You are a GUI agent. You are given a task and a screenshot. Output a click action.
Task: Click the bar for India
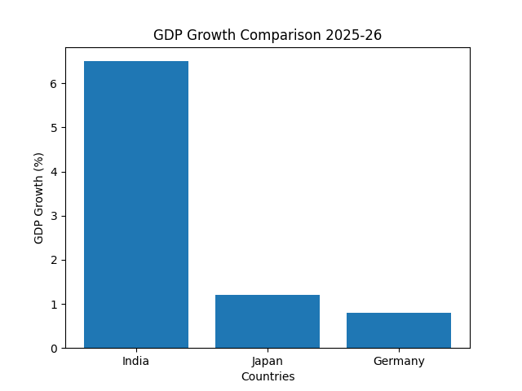coord(136,204)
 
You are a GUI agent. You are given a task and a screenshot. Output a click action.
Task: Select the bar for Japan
coord(268,322)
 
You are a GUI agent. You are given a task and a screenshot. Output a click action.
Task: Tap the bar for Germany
coord(399,331)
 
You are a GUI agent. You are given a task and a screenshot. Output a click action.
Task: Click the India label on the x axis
coord(135,361)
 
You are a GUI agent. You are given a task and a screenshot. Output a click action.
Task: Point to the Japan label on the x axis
coord(268,362)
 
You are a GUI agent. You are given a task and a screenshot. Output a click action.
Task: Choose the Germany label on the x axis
coord(399,362)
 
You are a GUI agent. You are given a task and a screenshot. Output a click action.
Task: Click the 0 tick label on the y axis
coord(54,349)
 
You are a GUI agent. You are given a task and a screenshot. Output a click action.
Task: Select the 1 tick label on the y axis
coord(54,305)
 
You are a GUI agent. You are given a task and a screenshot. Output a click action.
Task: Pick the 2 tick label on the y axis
coord(54,261)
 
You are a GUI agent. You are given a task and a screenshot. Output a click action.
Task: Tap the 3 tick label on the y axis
coord(54,216)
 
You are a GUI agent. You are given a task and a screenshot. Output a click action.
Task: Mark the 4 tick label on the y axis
coord(54,172)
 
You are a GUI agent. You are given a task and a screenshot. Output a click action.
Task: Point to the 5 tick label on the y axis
coord(54,128)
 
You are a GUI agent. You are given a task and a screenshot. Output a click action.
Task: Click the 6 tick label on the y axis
coord(54,84)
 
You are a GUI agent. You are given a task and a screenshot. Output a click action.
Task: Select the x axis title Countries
coord(268,376)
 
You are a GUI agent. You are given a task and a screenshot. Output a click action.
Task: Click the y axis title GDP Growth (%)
coord(38,198)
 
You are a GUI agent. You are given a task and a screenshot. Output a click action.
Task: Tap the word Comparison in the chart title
coord(281,35)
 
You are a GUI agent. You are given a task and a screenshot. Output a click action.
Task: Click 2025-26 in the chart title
coord(353,35)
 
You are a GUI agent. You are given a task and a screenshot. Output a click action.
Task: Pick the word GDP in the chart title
coord(168,35)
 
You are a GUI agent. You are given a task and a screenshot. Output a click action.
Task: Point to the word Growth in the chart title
coord(211,35)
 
